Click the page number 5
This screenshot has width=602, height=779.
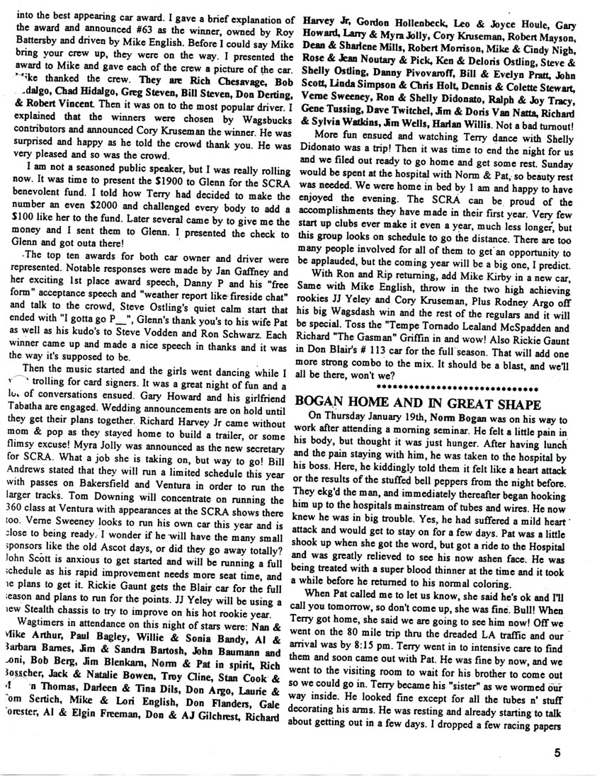tap(559, 753)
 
